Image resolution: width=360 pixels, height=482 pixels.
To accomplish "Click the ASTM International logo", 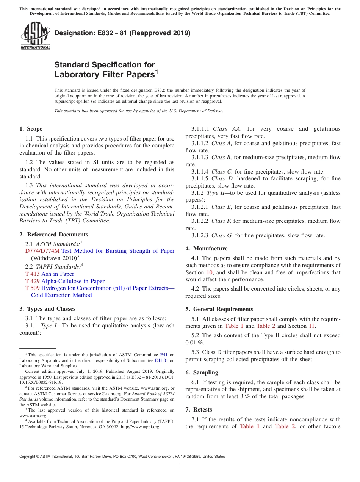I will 35,36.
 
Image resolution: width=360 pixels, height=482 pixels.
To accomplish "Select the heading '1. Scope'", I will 31,129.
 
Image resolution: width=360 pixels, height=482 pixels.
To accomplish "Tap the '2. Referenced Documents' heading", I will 54,235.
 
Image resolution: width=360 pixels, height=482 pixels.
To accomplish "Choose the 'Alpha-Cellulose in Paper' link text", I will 73,281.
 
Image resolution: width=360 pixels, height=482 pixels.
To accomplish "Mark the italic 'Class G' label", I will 223,235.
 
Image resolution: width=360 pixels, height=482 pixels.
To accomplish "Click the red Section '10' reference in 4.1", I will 210,272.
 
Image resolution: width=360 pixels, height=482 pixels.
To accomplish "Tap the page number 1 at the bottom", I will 180,466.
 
